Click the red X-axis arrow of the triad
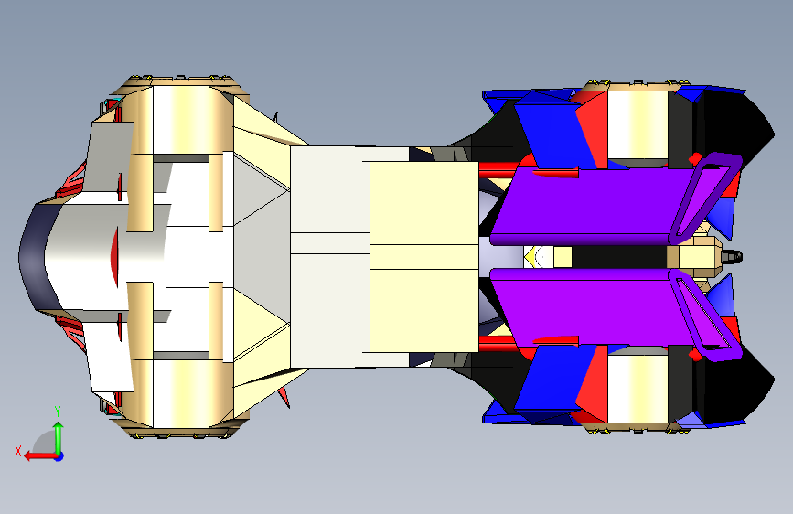[37, 455]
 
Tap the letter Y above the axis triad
[58, 411]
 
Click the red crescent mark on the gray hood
[113, 256]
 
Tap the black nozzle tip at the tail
[733, 256]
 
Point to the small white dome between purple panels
[541, 257]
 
